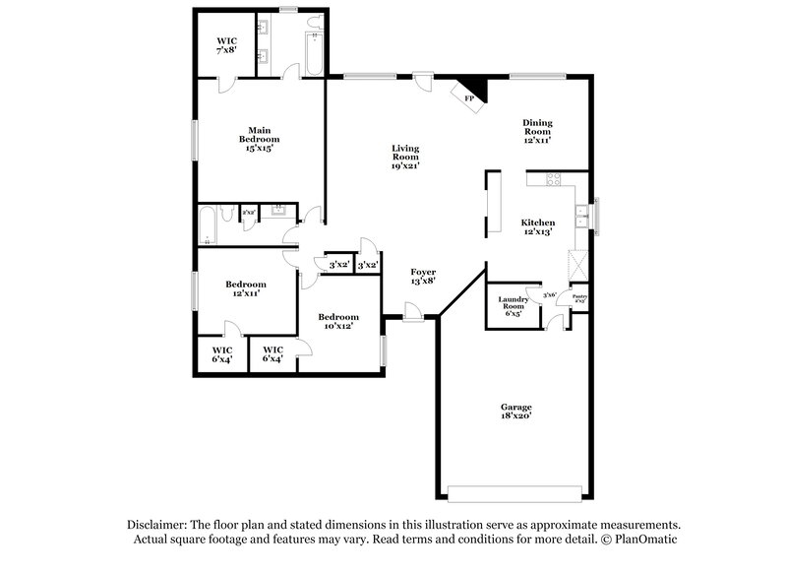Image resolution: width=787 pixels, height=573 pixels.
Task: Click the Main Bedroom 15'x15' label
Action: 260,139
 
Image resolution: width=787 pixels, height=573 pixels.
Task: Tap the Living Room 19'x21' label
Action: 405,158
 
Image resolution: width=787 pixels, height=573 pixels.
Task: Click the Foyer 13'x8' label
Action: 422,277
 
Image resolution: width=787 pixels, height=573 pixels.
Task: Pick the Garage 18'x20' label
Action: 515,412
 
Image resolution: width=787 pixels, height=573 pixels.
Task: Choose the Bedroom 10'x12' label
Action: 337,321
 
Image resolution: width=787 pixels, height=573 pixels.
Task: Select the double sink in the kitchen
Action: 582,216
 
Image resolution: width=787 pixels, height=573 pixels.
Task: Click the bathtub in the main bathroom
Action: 313,44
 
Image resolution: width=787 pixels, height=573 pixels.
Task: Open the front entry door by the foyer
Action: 412,312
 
